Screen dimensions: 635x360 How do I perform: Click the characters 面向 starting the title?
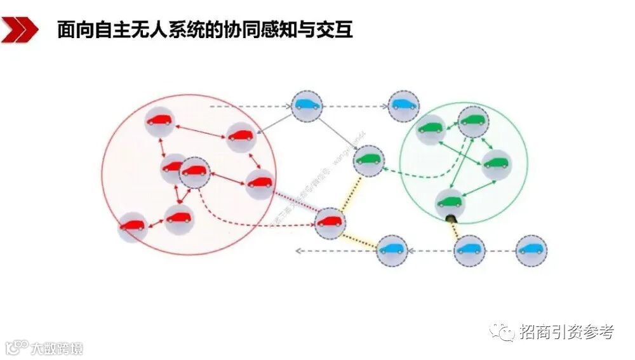click(x=72, y=30)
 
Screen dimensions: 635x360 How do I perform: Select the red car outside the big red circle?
click(x=330, y=222)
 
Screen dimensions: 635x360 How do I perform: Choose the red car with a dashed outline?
click(x=194, y=171)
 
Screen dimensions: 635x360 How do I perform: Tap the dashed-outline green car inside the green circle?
click(x=472, y=121)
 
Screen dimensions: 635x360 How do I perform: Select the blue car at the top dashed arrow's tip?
click(x=403, y=105)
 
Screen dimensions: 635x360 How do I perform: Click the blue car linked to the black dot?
click(x=470, y=250)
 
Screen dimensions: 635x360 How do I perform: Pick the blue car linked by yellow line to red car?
click(x=392, y=250)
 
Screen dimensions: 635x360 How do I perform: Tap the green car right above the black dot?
click(x=450, y=203)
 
